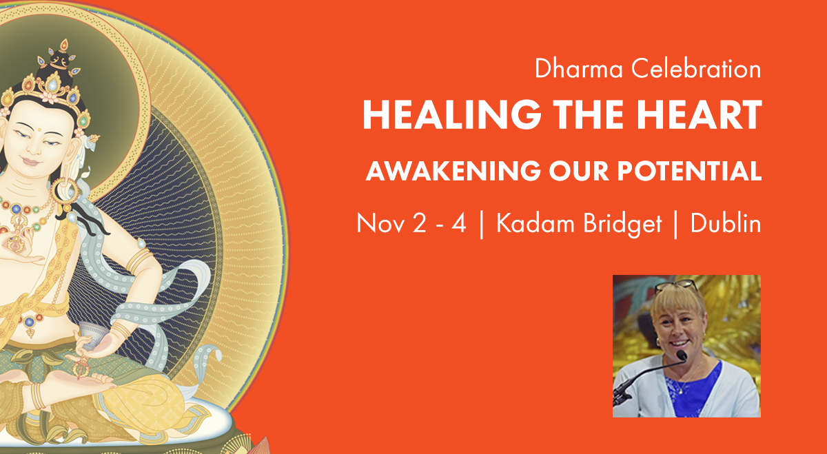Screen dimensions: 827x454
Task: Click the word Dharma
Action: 579,69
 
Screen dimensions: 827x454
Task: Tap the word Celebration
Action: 696,69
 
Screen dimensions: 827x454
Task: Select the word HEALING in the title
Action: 452,114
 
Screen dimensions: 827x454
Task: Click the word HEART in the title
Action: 700,114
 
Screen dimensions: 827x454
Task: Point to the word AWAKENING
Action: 453,171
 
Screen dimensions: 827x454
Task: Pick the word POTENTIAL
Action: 689,171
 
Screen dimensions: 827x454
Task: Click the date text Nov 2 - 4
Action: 411,223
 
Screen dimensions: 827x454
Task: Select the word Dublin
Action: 726,223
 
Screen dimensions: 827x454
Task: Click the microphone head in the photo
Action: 682,355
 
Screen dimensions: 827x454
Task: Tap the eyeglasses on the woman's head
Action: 676,285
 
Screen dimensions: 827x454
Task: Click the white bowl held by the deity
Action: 92,334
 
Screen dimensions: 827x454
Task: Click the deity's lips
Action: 31,161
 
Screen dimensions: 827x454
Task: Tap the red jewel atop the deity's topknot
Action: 64,45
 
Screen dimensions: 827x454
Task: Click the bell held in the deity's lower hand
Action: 81,367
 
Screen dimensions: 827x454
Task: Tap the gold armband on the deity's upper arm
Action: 139,260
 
